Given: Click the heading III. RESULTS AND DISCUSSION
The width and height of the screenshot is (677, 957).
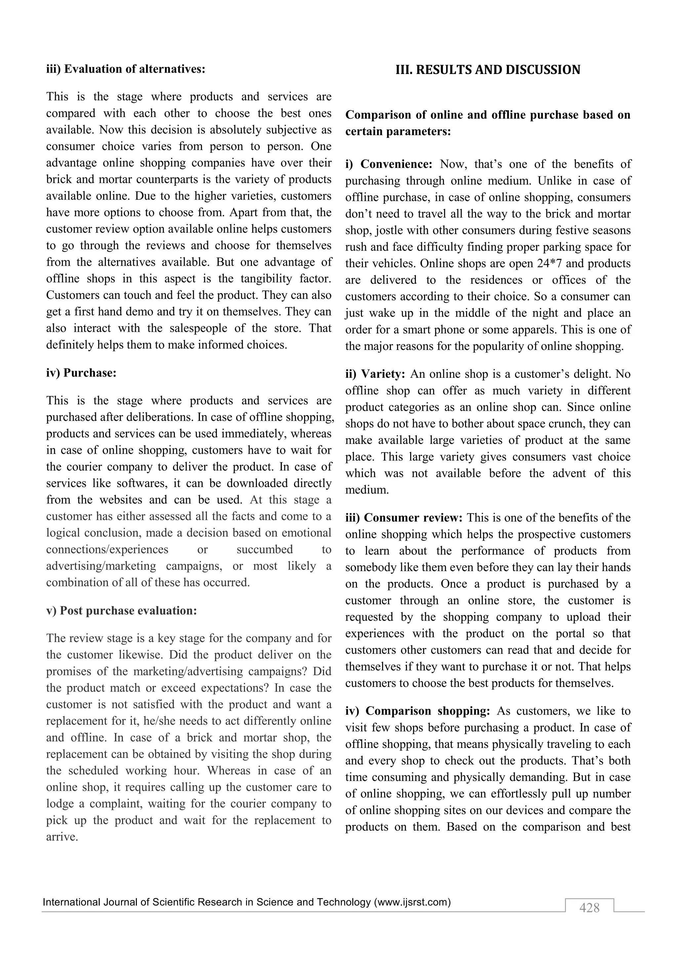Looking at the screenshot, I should [x=488, y=70].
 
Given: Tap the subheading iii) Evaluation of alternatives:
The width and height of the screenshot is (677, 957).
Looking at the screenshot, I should [x=126, y=69].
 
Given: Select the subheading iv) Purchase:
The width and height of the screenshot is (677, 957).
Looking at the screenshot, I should [x=81, y=373].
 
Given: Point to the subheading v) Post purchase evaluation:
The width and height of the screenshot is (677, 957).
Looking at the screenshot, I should [x=121, y=610].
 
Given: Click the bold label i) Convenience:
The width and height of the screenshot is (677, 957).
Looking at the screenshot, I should [x=389, y=164].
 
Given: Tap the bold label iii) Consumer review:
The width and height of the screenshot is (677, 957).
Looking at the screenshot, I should [x=404, y=518].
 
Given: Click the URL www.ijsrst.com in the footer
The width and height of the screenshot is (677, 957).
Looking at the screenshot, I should [x=412, y=902].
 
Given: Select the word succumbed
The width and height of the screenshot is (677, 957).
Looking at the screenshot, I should [x=265, y=549].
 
